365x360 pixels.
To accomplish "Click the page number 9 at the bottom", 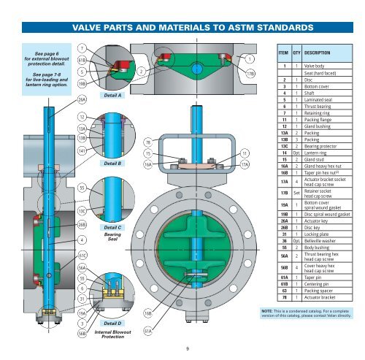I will tap(188, 348).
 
